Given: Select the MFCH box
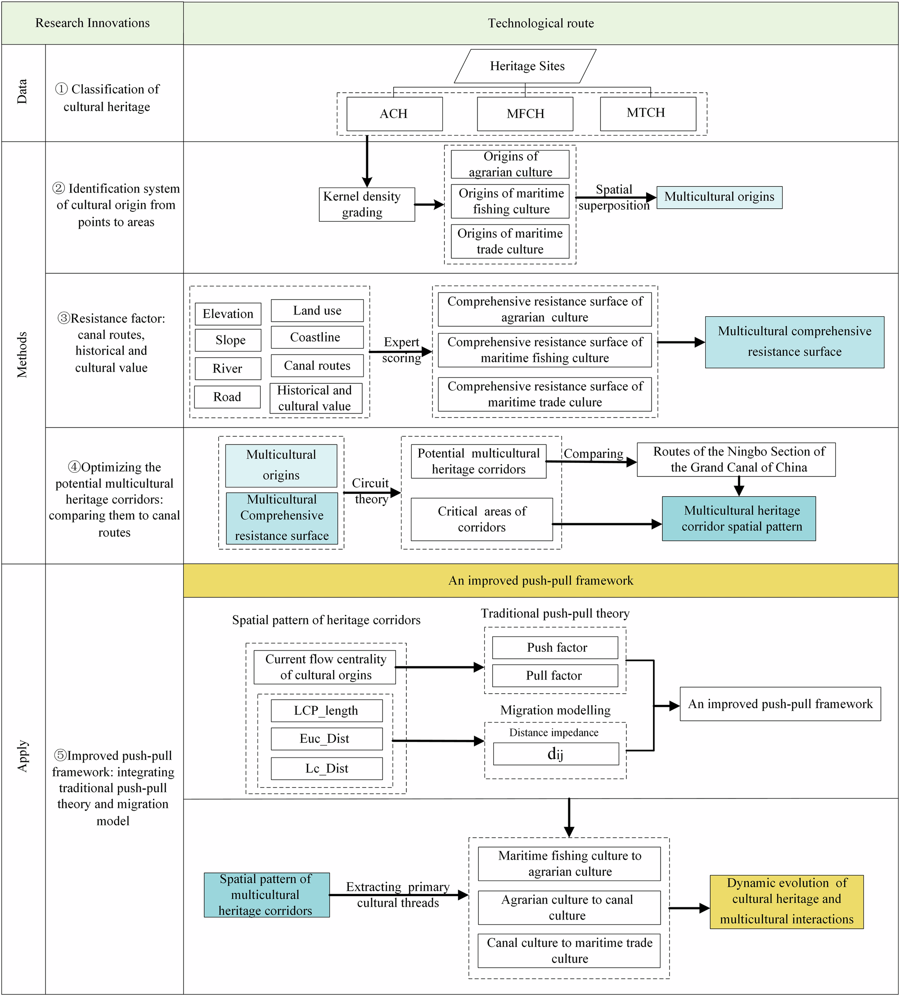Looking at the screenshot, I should (x=525, y=114).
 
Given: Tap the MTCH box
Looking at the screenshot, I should (x=648, y=113).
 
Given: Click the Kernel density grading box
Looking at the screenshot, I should (x=366, y=204).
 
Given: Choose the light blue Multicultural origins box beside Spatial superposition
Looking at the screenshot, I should (x=719, y=197).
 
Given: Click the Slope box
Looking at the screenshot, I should (x=228, y=340).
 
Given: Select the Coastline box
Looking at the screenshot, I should (x=317, y=337).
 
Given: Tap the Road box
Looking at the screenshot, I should (x=227, y=397).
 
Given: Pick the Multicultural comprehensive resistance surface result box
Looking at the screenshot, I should (x=794, y=342).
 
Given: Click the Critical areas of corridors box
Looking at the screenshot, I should (x=481, y=519).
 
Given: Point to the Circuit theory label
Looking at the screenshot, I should (x=371, y=491).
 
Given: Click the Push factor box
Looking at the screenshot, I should (x=554, y=647).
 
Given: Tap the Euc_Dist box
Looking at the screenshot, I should (x=326, y=738).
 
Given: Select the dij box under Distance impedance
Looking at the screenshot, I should (x=555, y=754).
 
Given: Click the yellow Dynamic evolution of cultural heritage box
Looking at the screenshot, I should (x=786, y=901).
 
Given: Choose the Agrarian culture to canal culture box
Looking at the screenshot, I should (x=568, y=907).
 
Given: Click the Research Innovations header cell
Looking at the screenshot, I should (x=92, y=23).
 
